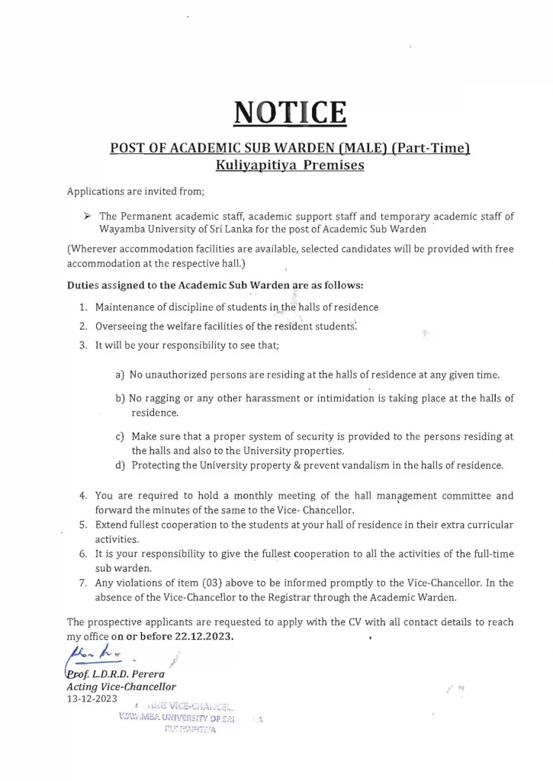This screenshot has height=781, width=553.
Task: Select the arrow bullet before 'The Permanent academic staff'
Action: click(88, 217)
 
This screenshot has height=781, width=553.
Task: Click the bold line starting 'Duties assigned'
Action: click(215, 285)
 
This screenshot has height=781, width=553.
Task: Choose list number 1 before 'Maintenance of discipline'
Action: click(83, 307)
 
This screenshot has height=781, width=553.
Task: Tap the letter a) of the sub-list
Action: click(120, 375)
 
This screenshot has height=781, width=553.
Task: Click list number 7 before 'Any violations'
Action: click(83, 583)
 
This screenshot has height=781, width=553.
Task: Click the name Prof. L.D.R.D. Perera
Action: click(114, 674)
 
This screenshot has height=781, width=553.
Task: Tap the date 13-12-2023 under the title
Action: click(92, 699)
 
